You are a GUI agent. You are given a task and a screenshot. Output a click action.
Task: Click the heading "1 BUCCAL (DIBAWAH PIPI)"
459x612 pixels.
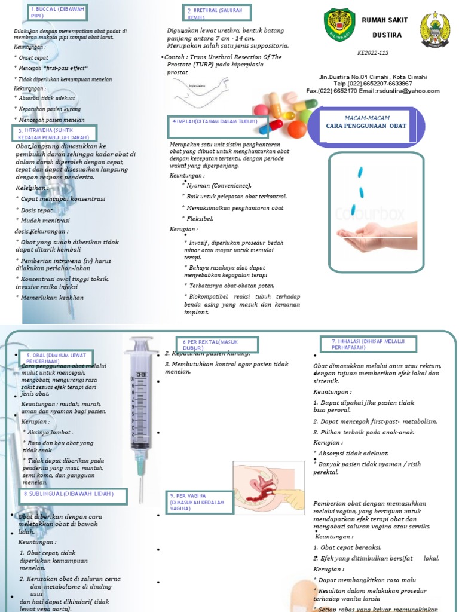click(x=57, y=13)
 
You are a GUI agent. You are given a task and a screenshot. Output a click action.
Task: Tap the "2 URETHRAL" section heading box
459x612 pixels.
click(x=217, y=13)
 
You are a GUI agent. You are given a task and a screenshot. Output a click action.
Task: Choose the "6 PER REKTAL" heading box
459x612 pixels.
click(x=217, y=345)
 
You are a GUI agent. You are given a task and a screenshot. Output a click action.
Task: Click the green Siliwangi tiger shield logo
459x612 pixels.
click(x=339, y=25)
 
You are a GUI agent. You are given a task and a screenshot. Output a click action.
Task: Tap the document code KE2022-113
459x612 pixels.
click(x=373, y=53)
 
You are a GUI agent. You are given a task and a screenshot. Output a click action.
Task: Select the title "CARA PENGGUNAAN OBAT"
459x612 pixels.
click(x=366, y=126)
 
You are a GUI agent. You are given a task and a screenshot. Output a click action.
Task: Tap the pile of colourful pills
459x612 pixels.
click(x=284, y=113)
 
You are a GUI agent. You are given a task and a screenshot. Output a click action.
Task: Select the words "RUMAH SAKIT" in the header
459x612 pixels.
click(x=384, y=20)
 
